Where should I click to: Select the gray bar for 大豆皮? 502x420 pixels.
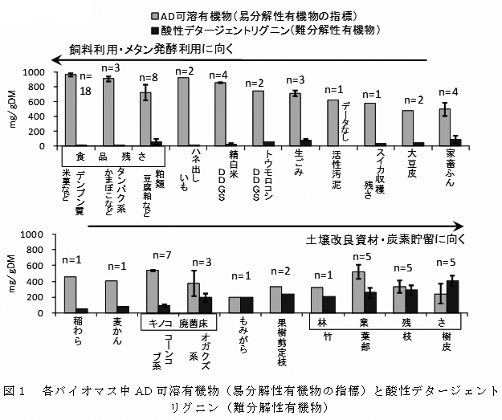(408, 128)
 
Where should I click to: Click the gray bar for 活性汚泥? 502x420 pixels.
(333, 123)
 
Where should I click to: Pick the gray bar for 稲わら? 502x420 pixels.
(71, 294)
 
